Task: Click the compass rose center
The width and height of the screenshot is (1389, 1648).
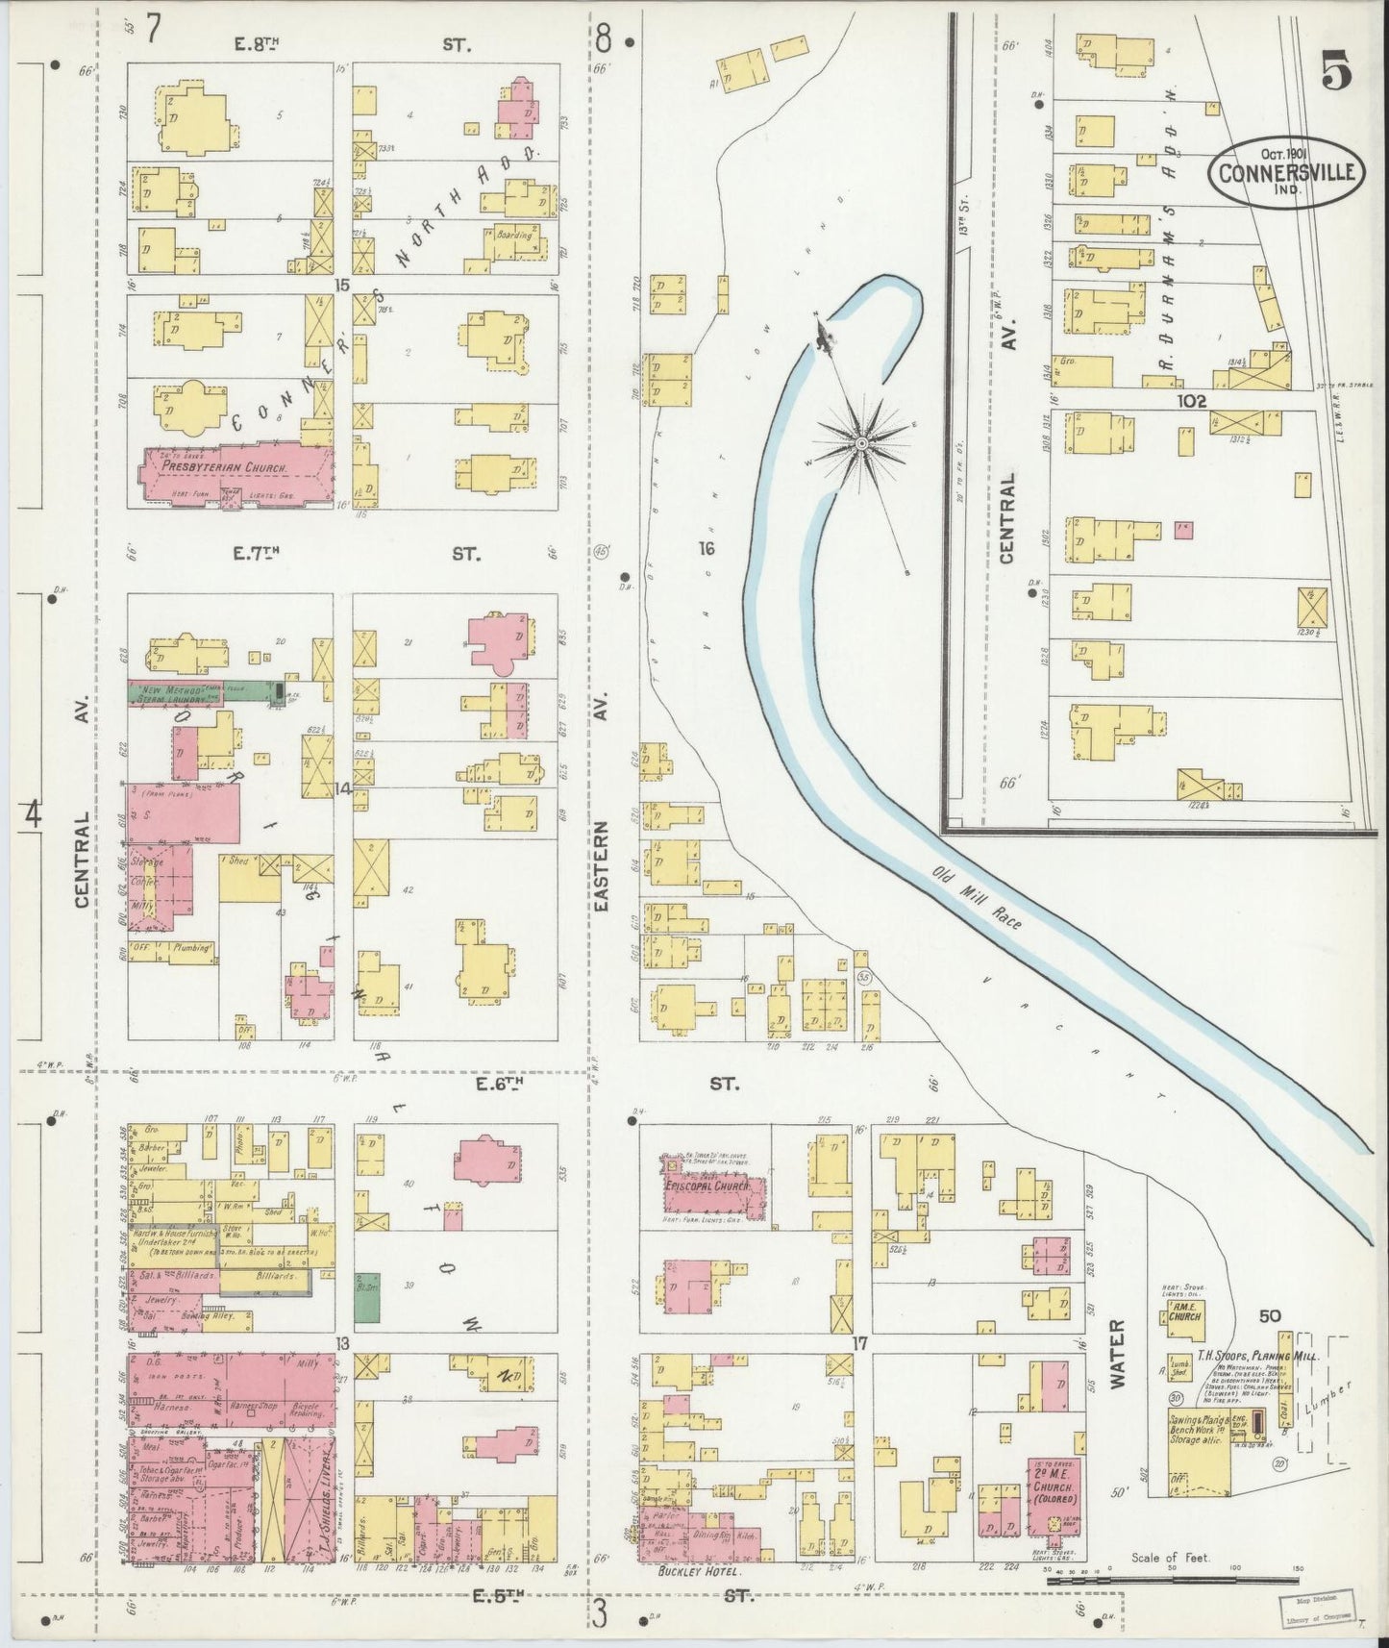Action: click(x=862, y=443)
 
